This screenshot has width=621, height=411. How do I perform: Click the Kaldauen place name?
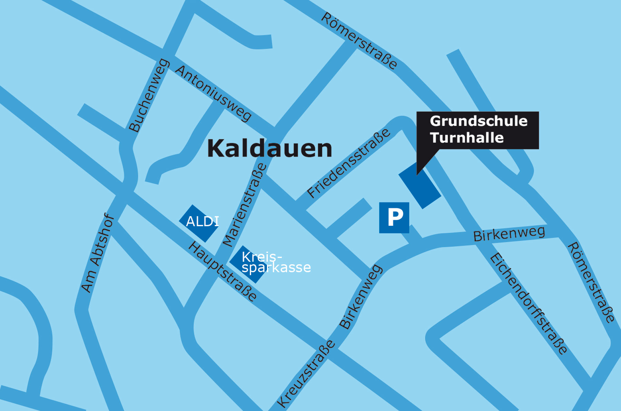[269, 149]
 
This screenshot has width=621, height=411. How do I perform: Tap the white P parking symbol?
[394, 218]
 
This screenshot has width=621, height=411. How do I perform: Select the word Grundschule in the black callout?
[479, 121]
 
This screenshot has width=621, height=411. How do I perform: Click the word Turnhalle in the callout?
[467, 138]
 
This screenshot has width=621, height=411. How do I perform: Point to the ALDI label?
[202, 221]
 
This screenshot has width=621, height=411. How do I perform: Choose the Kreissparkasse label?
[273, 262]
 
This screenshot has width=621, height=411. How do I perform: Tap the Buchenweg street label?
[149, 96]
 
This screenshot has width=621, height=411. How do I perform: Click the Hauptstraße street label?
[223, 271]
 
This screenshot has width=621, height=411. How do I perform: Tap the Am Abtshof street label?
[98, 253]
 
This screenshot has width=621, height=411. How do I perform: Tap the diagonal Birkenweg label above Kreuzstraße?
[361, 297]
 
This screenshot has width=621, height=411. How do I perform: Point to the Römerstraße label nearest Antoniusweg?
[359, 41]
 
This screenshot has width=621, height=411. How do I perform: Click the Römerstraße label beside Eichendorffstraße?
[591, 282]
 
